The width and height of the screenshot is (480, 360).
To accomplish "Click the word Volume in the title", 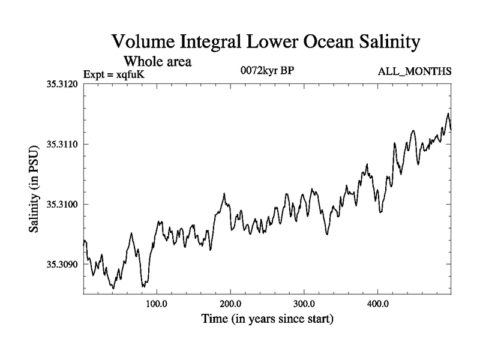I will [143, 43].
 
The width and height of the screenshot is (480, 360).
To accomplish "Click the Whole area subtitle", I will [157, 61].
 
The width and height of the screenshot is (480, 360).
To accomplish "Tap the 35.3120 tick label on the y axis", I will [62, 84].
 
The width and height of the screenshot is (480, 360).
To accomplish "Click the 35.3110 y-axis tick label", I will [62, 145].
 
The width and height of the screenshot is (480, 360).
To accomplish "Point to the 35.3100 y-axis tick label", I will [62, 205].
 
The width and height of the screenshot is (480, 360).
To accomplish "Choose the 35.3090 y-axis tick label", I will [62, 265].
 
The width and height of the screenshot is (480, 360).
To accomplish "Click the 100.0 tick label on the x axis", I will [157, 302].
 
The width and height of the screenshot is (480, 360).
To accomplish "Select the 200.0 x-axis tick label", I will [230, 302].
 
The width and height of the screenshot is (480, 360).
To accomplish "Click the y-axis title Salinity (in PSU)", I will [35, 189].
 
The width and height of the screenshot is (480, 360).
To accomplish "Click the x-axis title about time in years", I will [266, 319].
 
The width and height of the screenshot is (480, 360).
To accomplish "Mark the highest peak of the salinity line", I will [448, 113].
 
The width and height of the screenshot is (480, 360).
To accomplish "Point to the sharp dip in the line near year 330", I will [327, 233].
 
